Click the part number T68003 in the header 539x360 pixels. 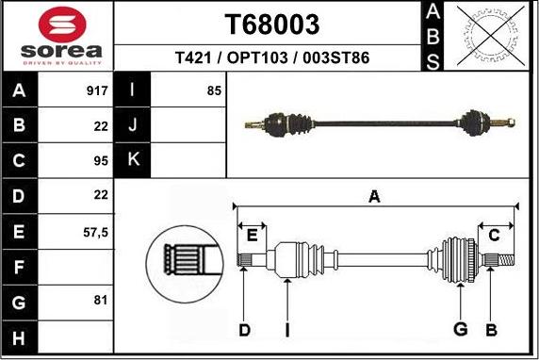click(x=272, y=24)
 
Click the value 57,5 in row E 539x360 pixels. click(x=96, y=230)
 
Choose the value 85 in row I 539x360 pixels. click(x=214, y=91)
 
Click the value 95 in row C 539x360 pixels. click(x=102, y=160)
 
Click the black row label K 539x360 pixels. click(x=132, y=159)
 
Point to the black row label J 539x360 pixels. click(x=132, y=125)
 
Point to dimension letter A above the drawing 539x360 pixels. click(x=374, y=197)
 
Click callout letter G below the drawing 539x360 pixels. click(x=461, y=329)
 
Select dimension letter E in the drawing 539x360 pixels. click(x=251, y=235)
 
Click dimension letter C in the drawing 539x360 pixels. click(x=494, y=235)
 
